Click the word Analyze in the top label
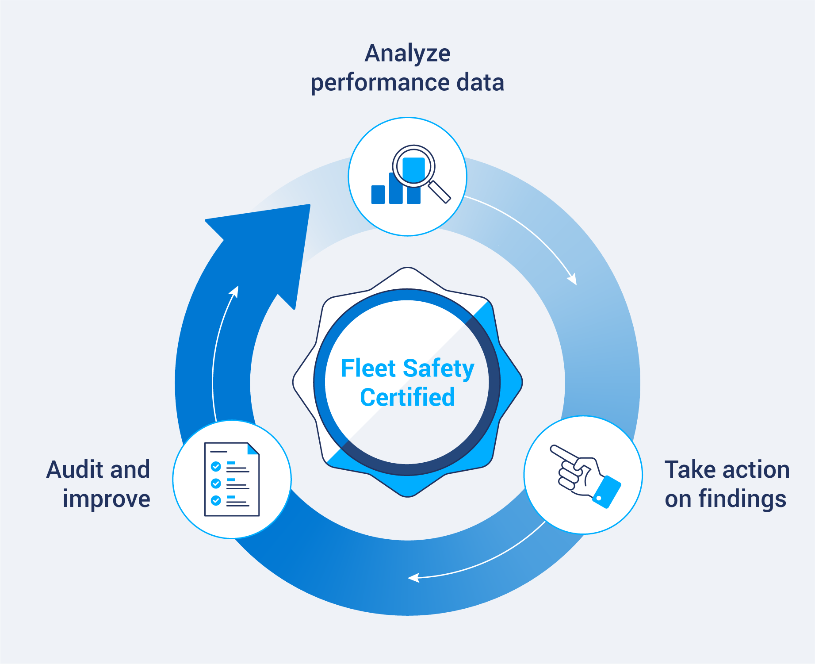(407, 54)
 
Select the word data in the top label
(480, 83)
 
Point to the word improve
(106, 499)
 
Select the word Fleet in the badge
(368, 368)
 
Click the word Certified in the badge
(407, 397)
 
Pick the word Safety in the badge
(438, 369)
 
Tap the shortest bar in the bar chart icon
(378, 194)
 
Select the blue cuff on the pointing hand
(607, 491)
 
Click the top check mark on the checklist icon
(216, 466)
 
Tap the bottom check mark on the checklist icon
(216, 500)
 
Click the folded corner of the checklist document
(253, 449)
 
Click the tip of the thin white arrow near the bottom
(409, 578)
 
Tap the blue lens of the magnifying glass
(414, 167)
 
